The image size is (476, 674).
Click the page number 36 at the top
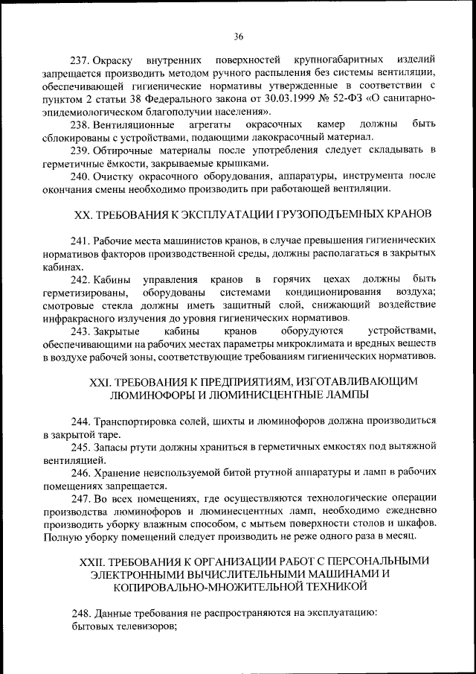238,36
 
